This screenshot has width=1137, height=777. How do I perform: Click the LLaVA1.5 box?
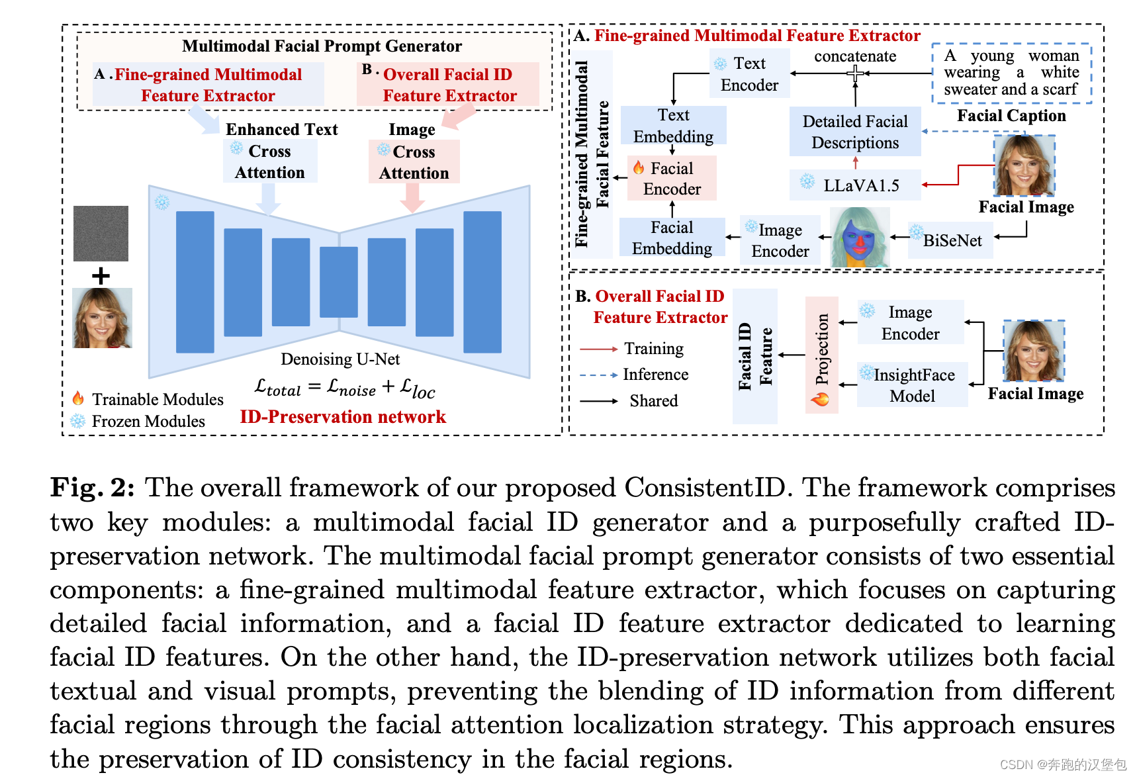coord(855,185)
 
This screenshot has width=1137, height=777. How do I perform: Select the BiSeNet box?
coord(950,240)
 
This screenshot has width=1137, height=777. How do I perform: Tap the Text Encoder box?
coord(749,74)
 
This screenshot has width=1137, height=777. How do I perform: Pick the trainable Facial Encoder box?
coord(671,178)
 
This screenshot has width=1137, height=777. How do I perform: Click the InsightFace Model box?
coord(912,385)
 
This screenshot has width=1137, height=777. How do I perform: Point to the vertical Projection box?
coord(821,355)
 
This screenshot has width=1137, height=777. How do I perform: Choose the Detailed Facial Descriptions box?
coord(855,132)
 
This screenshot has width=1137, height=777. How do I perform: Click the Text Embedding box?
coord(673,125)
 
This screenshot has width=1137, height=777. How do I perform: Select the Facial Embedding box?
coord(672,238)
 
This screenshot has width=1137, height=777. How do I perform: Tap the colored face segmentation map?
coord(859,237)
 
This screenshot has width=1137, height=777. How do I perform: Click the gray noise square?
coord(101,233)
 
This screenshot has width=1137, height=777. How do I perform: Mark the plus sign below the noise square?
coord(101,275)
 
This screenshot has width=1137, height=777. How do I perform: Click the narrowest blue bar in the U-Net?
coord(338,281)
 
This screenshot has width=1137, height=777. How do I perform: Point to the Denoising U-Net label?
coord(340,359)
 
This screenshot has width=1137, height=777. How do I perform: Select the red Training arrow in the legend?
coord(598,349)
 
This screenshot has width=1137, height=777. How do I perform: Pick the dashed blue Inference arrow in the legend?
coord(598,375)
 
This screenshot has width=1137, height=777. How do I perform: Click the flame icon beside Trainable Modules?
coord(78,398)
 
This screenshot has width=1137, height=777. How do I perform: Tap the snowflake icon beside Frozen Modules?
coord(78,421)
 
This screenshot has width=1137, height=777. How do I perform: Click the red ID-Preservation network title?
coord(343,417)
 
